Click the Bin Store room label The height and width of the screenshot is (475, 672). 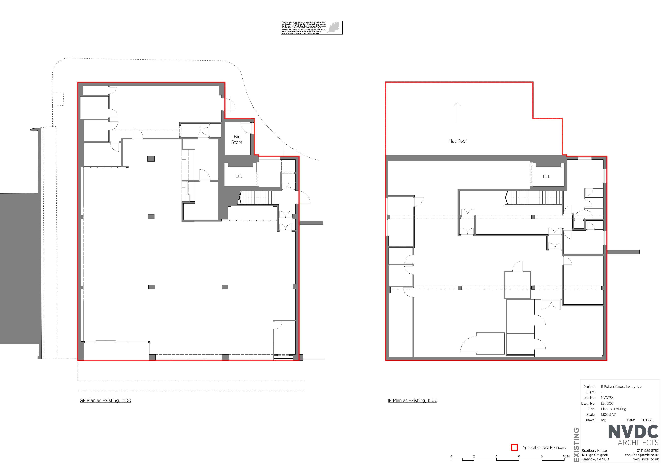click(x=237, y=139)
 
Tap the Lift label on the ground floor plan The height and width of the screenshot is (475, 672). click(x=239, y=176)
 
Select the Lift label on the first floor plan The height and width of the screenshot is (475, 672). click(x=546, y=177)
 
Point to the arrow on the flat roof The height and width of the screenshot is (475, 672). click(x=457, y=112)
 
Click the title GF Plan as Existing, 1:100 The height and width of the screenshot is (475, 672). click(x=105, y=400)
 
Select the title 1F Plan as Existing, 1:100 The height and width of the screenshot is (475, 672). click(x=412, y=400)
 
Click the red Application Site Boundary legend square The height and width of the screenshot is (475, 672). click(x=514, y=447)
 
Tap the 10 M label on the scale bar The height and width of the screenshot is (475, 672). click(x=566, y=456)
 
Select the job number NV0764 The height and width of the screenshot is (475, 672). click(x=607, y=398)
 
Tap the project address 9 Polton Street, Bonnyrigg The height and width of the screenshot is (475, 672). click(x=621, y=387)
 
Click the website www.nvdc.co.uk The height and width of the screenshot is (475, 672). click(x=646, y=459)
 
